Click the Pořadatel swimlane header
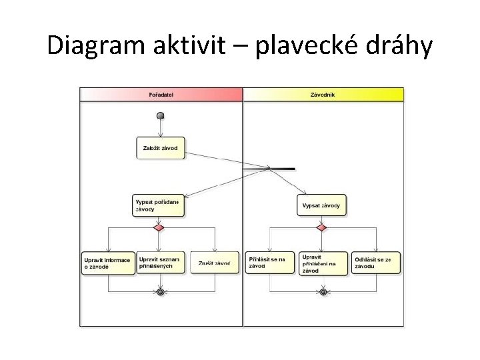click(x=161, y=95)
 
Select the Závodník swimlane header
click(x=323, y=95)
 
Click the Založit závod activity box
click(x=160, y=148)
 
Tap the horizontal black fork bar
click(x=269, y=169)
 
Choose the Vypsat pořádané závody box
click(x=158, y=205)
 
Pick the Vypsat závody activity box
click(x=321, y=205)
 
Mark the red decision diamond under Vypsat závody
click(x=321, y=227)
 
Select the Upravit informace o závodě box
click(x=107, y=263)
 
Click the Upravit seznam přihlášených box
click(x=160, y=263)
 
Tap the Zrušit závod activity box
click(x=215, y=263)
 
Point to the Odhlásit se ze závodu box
click(x=377, y=263)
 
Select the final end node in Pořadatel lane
click(x=160, y=291)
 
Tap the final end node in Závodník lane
click(x=323, y=291)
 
